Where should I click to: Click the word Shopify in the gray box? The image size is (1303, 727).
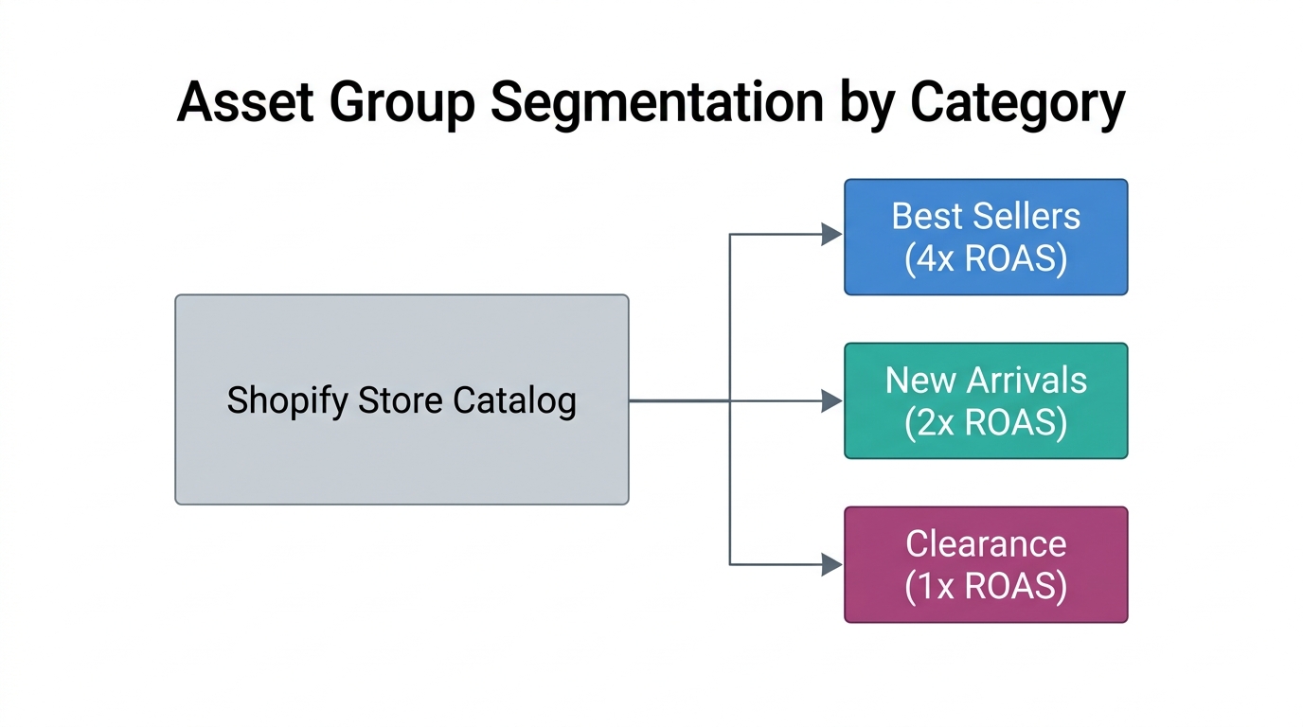(x=287, y=400)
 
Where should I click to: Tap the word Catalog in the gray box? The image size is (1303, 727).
(x=514, y=400)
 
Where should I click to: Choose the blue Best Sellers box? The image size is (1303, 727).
(x=986, y=237)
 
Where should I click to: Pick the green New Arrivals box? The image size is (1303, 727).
(x=986, y=400)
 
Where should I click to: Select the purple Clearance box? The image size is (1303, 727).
(x=986, y=564)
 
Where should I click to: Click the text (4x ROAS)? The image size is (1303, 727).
(x=986, y=258)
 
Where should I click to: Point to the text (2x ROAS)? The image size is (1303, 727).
(x=986, y=422)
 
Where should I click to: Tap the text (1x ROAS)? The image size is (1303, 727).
(x=986, y=586)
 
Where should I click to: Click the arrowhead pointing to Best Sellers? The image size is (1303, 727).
(x=831, y=235)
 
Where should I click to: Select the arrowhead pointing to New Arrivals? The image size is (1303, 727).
(x=831, y=400)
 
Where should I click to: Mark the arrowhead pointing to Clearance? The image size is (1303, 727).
(x=831, y=565)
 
